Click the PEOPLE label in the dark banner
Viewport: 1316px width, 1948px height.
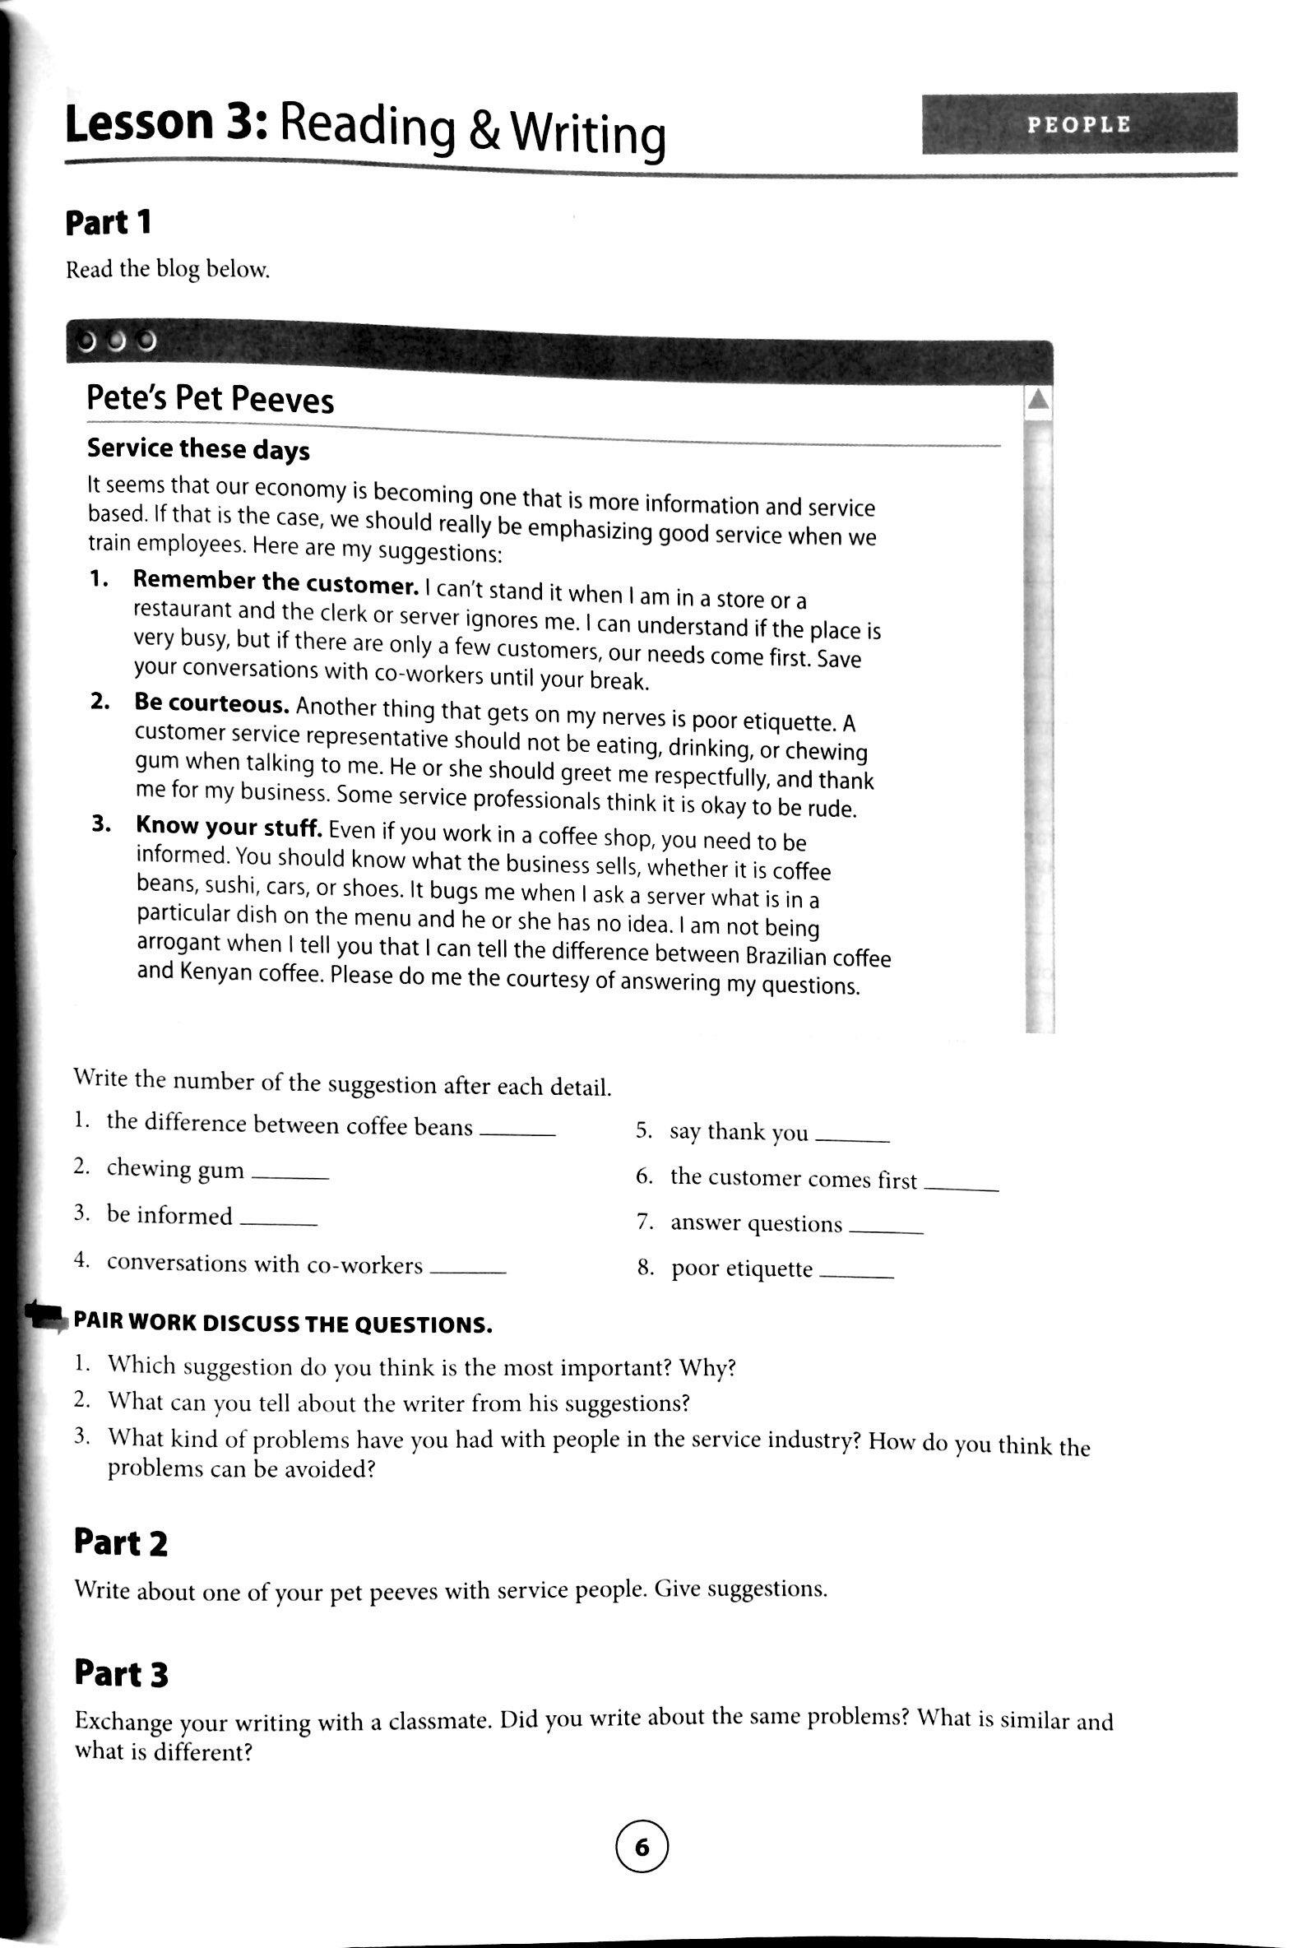1079,125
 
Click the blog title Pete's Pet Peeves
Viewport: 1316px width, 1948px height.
210,399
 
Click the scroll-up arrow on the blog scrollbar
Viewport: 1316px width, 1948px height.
1038,401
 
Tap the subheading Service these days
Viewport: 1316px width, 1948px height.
198,450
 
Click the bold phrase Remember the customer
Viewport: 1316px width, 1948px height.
276,581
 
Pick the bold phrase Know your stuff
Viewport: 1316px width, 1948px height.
229,828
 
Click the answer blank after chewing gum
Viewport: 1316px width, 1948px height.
290,1176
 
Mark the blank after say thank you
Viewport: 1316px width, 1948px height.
851,1140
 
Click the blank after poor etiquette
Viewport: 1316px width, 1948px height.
857,1275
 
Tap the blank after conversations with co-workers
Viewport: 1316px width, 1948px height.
468,1272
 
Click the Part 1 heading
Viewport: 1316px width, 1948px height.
109,223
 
